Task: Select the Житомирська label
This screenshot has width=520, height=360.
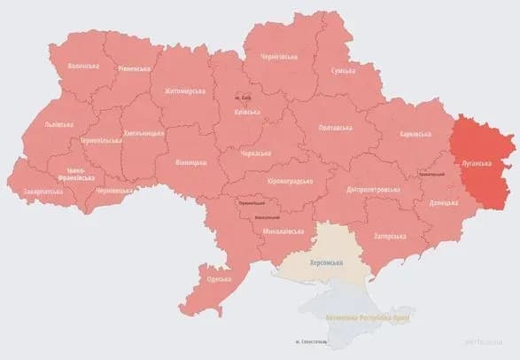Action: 182,91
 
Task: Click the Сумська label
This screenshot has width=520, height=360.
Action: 343,70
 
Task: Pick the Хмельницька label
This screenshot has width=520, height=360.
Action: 143,132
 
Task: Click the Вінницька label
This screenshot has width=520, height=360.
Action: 190,162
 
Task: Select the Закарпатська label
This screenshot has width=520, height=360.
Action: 43,191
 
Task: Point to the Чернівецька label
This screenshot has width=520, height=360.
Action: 114,190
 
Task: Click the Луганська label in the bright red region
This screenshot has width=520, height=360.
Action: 478,163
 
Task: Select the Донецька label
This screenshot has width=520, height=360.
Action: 446,203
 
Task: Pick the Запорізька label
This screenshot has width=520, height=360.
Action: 390,236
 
